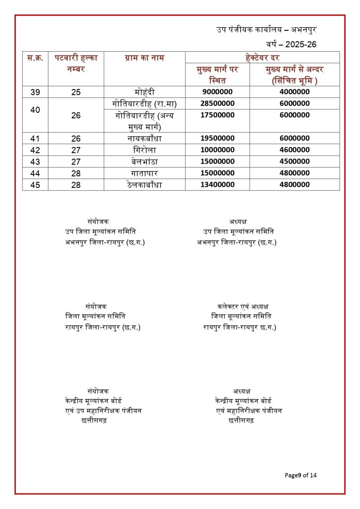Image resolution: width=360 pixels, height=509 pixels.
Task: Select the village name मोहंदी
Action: click(145, 92)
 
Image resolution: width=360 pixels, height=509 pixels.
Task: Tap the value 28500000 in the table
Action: click(218, 103)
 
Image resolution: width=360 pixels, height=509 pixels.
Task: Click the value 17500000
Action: click(218, 115)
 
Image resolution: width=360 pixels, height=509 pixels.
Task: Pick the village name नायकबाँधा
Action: click(145, 138)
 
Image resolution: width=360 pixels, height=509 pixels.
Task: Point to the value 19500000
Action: click(218, 138)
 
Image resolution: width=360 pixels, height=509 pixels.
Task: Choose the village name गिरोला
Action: click(145, 150)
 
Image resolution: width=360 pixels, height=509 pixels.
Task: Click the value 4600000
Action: click(291, 150)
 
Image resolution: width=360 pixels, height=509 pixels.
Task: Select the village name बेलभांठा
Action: click(145, 162)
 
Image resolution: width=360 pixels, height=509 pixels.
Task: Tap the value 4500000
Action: click(291, 162)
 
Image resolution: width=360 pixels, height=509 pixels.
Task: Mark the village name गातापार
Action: click(145, 173)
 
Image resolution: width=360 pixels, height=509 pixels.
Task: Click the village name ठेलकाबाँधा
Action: click(145, 184)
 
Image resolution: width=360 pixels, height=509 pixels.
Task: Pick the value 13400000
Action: click(218, 184)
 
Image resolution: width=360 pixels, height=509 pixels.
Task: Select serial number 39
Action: click(35, 92)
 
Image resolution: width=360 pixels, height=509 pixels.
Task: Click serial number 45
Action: click(35, 184)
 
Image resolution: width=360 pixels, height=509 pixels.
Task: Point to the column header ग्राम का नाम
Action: click(145, 58)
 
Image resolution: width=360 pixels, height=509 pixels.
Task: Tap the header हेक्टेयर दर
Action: click(262, 58)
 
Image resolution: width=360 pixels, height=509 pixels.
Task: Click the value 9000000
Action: click(218, 92)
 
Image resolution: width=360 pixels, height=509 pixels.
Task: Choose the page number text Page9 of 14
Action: click(300, 475)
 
